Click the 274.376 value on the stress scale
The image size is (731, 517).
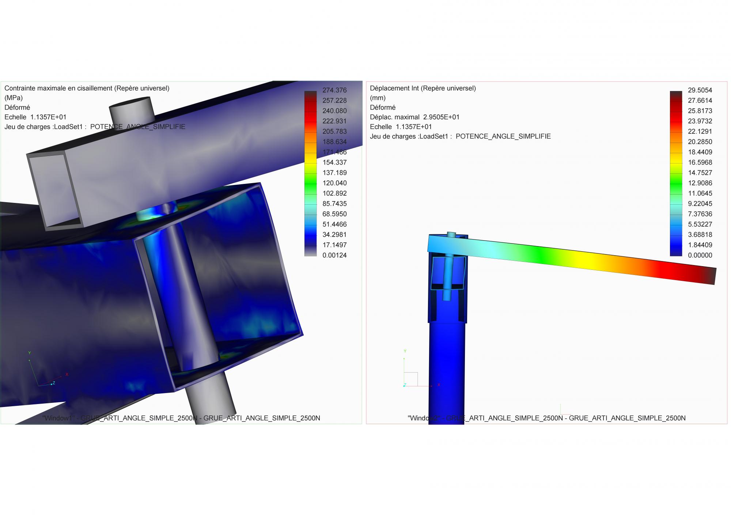[x=334, y=90]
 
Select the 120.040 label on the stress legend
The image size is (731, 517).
[x=334, y=183]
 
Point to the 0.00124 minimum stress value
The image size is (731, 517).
[x=334, y=256]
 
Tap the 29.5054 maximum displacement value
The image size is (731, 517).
[x=700, y=90]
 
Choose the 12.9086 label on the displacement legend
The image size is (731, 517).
[x=700, y=183]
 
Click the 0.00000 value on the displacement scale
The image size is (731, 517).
[x=700, y=256]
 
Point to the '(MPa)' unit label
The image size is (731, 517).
[x=14, y=98]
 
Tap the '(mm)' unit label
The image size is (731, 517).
[x=378, y=98]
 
